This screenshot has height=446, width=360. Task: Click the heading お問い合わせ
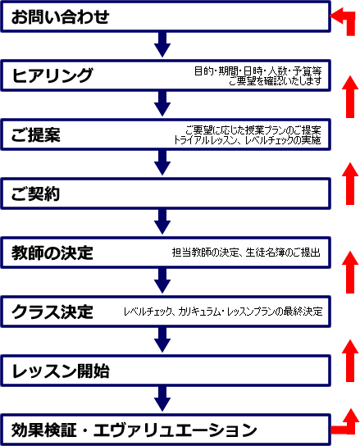coord(60,16)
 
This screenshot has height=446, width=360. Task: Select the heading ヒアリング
coord(52,75)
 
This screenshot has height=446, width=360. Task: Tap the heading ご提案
coord(36,134)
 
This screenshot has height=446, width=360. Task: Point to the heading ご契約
coord(35,193)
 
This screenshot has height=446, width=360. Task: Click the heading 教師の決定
coord(52,253)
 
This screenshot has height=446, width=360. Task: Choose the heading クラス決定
coord(52,312)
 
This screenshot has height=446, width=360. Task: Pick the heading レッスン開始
coord(61,371)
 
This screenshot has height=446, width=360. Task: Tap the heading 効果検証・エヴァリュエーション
coord(134,430)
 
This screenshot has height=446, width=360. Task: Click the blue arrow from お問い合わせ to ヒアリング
coord(162,44)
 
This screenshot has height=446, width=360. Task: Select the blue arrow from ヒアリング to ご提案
coord(162,103)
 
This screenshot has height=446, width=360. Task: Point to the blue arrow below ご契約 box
coord(162,222)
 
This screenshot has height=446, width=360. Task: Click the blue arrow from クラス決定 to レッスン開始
coord(162,340)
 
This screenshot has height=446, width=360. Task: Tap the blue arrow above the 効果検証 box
coord(162,398)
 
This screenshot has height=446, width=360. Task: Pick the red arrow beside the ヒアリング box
coord(350,97)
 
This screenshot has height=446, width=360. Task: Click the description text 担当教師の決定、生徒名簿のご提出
coord(246,253)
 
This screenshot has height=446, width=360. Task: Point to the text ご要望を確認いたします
coord(276,81)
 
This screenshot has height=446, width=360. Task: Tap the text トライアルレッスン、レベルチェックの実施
coord(248,140)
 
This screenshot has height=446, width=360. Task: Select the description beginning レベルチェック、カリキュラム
coord(223,312)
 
